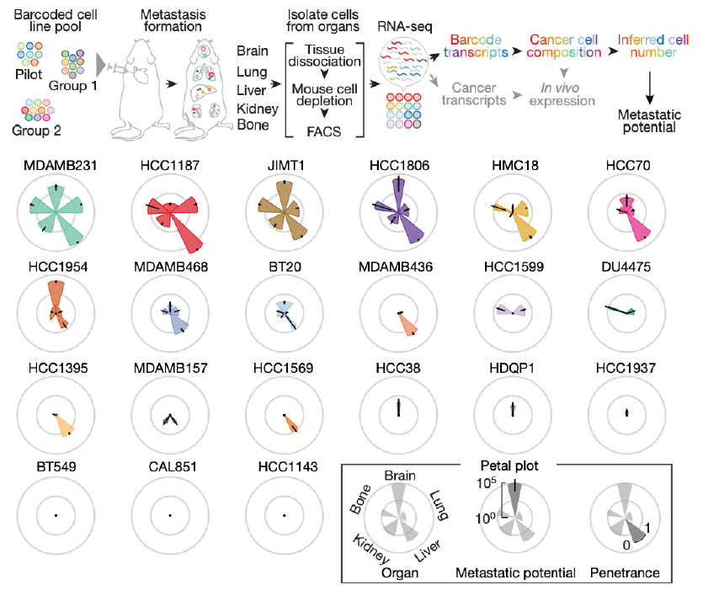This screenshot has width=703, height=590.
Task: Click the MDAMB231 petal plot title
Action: [x=60, y=166]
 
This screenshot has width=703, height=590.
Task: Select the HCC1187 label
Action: [x=170, y=166]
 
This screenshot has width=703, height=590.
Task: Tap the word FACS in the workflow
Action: [x=323, y=132]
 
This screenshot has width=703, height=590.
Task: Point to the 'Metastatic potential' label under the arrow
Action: [x=649, y=121]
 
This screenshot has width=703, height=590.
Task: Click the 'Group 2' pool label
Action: [x=36, y=130]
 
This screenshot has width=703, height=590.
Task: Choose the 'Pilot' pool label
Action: [x=29, y=74]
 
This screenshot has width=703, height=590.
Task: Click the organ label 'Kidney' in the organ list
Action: [x=258, y=109]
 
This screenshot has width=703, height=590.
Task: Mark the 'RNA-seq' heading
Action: [x=405, y=27]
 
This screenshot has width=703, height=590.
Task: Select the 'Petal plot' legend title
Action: [x=509, y=465]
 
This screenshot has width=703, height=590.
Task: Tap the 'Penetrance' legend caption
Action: [x=625, y=572]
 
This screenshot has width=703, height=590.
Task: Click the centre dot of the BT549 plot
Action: [x=56, y=516]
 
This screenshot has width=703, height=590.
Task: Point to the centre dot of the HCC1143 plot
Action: [x=285, y=516]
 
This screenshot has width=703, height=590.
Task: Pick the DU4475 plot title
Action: [x=626, y=267]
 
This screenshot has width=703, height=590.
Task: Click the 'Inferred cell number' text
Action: [x=653, y=46]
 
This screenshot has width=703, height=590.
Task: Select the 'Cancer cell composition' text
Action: [x=563, y=46]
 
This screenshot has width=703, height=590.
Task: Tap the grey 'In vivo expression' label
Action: [x=562, y=94]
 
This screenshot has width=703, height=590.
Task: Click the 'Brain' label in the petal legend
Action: [x=400, y=476]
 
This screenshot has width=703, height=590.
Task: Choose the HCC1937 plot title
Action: [x=626, y=369]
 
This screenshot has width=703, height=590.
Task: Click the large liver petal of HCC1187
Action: [x=186, y=231]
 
